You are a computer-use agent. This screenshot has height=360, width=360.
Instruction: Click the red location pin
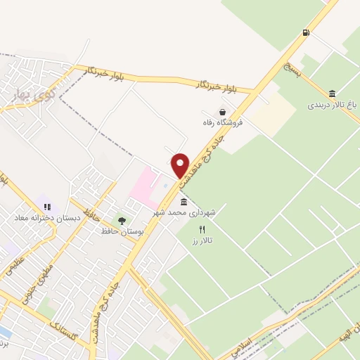pos(181,165)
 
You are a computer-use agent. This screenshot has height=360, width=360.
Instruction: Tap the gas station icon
pos(305,32)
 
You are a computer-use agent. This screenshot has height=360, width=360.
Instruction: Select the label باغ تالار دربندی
pos(332,105)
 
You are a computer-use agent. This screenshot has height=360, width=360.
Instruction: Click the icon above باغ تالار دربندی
pos(332,94)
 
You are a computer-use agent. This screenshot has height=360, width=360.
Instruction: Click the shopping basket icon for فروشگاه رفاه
pos(223,111)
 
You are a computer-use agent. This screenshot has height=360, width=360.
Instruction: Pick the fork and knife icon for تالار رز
pos(202,229)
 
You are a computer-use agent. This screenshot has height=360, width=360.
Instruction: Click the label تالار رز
pos(202,240)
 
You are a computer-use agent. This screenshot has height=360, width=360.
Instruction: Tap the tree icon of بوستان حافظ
pos(122,221)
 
